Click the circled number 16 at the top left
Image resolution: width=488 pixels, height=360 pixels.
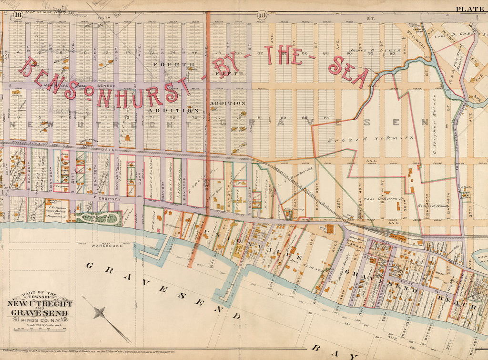[18, 15]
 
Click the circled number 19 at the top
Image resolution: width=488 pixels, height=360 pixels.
[262, 15]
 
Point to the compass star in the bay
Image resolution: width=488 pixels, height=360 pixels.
[100, 313]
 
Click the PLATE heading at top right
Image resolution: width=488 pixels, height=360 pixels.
[469, 9]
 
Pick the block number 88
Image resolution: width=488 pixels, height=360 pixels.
[326, 53]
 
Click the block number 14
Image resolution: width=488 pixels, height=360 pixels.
[127, 52]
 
